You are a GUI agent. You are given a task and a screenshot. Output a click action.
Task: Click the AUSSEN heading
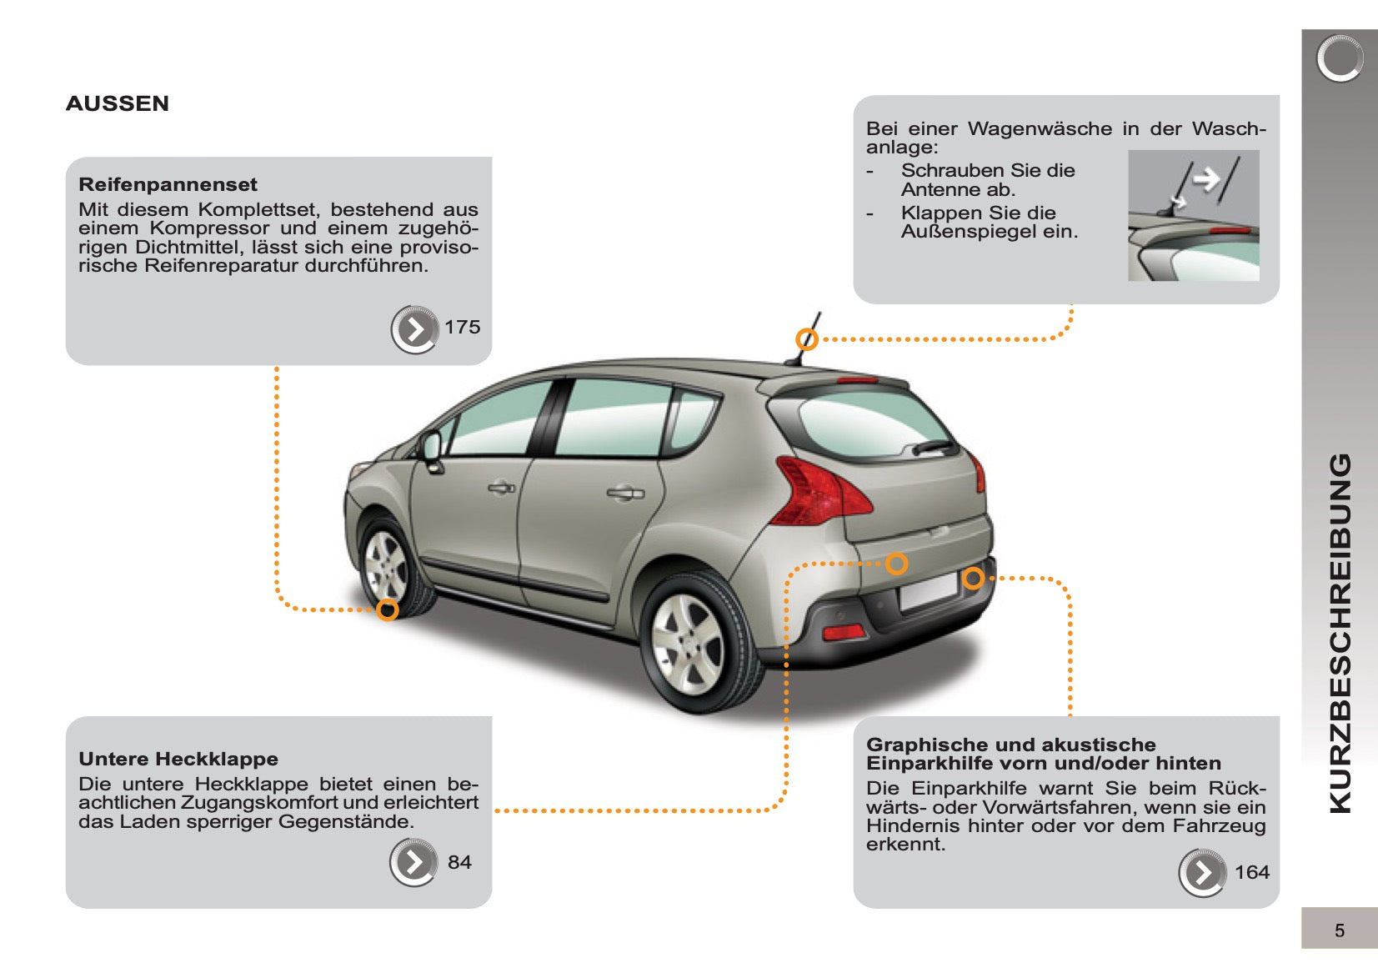(x=117, y=103)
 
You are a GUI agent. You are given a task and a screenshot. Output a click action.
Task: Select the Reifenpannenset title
(x=168, y=184)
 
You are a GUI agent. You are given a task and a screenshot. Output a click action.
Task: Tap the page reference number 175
(x=462, y=327)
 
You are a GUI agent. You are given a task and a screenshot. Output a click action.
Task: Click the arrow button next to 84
(x=414, y=862)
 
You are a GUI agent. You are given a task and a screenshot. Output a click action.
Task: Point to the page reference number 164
(x=1252, y=871)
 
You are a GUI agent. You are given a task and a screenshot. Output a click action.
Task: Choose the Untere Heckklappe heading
(x=178, y=759)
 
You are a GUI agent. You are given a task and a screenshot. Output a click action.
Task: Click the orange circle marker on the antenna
(x=806, y=339)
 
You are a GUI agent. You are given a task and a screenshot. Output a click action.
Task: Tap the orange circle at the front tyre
(x=387, y=609)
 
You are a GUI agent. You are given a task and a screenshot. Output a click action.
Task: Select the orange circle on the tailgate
(x=896, y=564)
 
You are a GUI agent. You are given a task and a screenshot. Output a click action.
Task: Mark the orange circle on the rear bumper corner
(x=973, y=578)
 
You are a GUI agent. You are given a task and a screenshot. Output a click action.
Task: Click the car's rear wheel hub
(x=689, y=644)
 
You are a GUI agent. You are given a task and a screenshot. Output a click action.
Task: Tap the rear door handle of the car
(x=625, y=493)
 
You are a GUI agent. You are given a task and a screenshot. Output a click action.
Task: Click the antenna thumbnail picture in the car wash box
(x=1194, y=216)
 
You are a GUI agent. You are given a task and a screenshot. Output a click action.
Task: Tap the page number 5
(x=1340, y=930)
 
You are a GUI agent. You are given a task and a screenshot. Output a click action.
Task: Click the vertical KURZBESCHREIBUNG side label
(x=1340, y=634)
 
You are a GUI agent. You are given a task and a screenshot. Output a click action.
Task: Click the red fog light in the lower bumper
(x=844, y=632)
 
